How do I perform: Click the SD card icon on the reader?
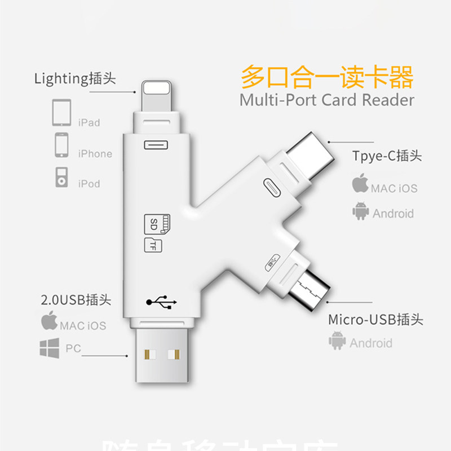click(157, 224)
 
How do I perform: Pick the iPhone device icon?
click(61, 145)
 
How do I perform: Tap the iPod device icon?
click(61, 177)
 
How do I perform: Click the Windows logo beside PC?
click(49, 348)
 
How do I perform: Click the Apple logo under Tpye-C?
click(360, 184)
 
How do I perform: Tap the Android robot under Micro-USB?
click(337, 341)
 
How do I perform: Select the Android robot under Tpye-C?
click(360, 211)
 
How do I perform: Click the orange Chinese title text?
click(327, 77)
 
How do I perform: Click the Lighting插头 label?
click(75, 78)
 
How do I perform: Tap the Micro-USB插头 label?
click(375, 320)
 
